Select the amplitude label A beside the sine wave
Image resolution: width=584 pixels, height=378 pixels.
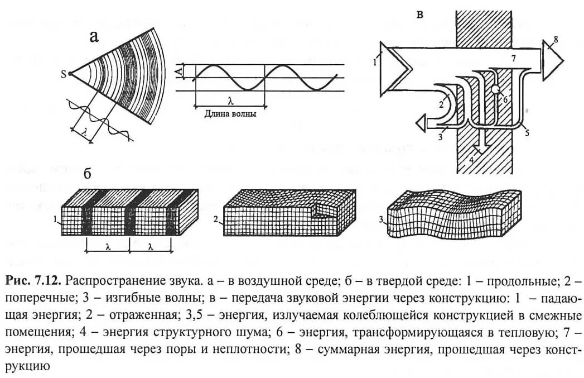click(x=179, y=71)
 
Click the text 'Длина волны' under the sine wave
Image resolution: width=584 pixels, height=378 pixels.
click(x=230, y=113)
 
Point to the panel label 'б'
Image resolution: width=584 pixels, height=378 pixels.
click(x=88, y=173)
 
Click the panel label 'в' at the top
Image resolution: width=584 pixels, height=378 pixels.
click(x=419, y=15)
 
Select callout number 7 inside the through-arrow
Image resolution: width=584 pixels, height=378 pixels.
click(x=514, y=58)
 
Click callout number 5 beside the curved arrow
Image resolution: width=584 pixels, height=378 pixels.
click(x=527, y=133)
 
